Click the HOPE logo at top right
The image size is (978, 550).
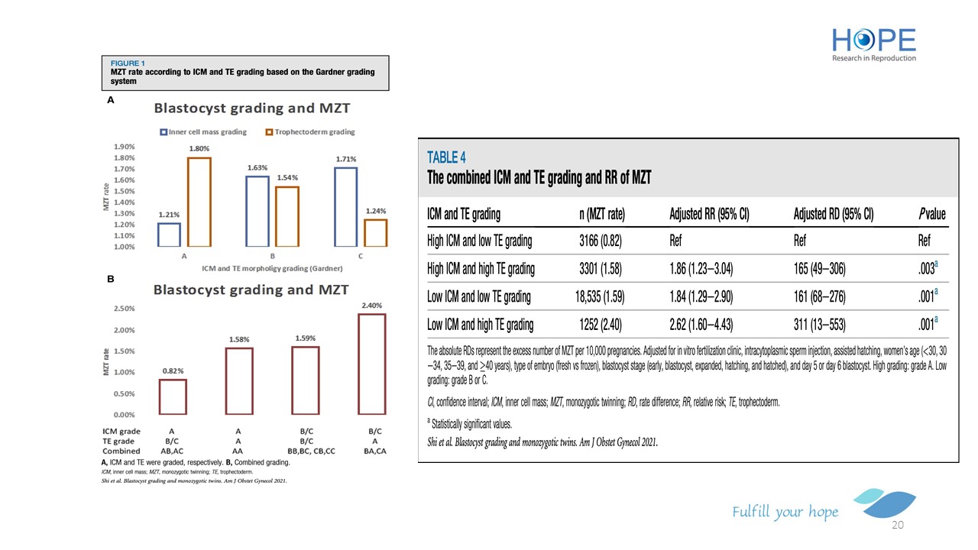(x=873, y=44)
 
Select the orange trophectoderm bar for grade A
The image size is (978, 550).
(x=199, y=202)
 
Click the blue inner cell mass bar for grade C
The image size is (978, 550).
(x=345, y=206)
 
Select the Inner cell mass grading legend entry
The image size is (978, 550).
(x=203, y=132)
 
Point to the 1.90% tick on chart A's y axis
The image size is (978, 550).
(x=125, y=147)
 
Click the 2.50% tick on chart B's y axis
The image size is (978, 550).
(x=125, y=309)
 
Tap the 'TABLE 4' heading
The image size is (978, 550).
(x=446, y=157)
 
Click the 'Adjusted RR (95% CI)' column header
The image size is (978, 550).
(x=708, y=215)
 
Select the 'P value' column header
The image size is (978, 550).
(x=931, y=215)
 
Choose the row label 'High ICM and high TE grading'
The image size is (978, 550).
(x=481, y=269)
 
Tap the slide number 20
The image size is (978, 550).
(x=898, y=526)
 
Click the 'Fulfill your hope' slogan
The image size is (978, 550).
(x=785, y=512)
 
